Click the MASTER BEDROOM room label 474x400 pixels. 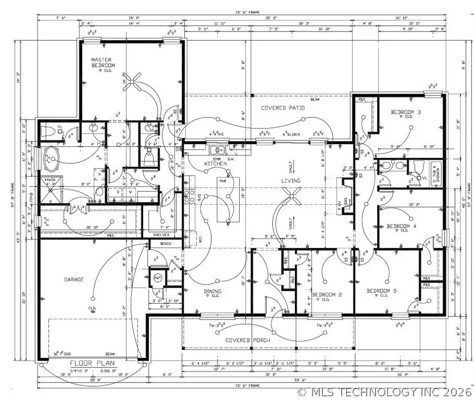[x=103, y=63]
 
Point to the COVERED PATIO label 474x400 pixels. [x=283, y=108]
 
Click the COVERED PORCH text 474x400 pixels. [x=248, y=341]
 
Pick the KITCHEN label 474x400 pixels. [x=215, y=164]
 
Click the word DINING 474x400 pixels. [x=212, y=291]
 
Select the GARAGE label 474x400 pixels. [x=74, y=279]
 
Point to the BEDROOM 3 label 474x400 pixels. [x=406, y=112]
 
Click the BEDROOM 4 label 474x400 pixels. [x=401, y=226]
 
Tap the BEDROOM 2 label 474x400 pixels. [x=327, y=295]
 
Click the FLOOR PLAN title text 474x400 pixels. [x=90, y=364]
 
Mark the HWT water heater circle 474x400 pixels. [x=157, y=277]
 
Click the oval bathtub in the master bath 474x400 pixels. [x=51, y=158]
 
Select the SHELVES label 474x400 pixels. [x=161, y=235]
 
